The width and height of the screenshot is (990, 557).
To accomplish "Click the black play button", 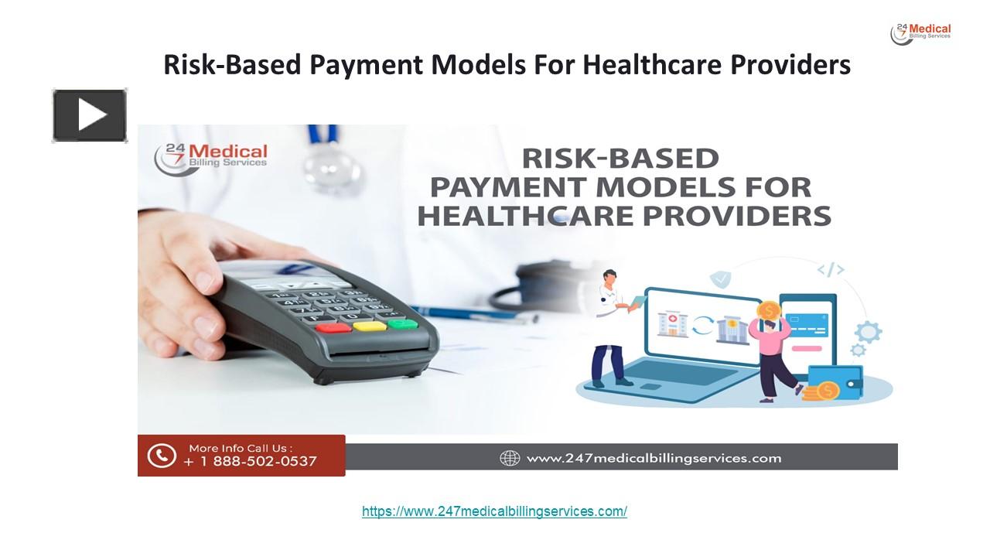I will pos(90,116).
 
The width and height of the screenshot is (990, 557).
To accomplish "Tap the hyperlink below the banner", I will pos(494,511).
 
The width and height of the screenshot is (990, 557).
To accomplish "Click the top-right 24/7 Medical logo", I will pos(920,33).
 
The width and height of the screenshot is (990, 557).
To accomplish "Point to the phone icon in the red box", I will pos(162,455).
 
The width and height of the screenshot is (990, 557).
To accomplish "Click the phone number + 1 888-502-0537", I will pos(251,462).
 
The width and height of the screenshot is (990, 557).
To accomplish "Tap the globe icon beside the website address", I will pos(510,458).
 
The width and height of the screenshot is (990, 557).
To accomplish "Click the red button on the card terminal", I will pos(333,326).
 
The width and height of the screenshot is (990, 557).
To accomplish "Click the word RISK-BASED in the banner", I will pos(620,159).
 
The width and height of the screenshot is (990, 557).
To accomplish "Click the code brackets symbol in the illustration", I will pos(830,269).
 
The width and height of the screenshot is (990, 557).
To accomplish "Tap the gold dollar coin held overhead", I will pos(769,311).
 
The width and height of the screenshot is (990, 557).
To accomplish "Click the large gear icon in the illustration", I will pos(869,333).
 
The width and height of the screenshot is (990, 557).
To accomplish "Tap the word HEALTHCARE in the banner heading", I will pos(515,215).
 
